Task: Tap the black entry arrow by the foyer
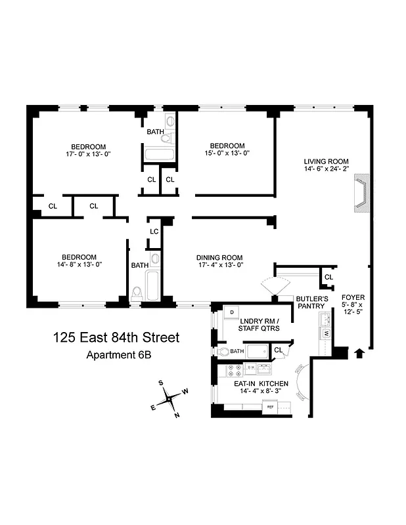[x=359, y=354]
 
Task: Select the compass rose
[x=169, y=398]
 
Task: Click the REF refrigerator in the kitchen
[x=269, y=408]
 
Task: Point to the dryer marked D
[x=231, y=312]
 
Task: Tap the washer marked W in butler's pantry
[x=325, y=333]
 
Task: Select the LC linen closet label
[x=154, y=232]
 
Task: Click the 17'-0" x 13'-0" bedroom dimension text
[x=89, y=155]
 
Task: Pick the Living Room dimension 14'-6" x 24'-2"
[x=326, y=171]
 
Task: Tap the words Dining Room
[x=219, y=257]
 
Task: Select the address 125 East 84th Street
[x=116, y=338]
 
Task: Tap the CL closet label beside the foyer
[x=328, y=278]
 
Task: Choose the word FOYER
[x=353, y=297]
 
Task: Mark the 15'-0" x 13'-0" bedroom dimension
[x=227, y=154]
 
